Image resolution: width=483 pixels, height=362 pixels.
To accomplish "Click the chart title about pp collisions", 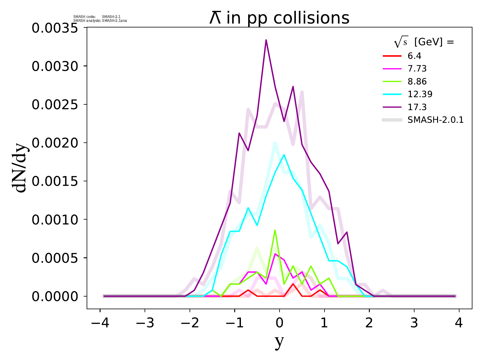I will click(x=279, y=18).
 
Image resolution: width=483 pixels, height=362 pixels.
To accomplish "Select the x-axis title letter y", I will click(x=280, y=341).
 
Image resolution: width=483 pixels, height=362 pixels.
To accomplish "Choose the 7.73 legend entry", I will click(x=417, y=69).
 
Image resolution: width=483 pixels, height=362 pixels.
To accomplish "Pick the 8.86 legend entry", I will click(x=417, y=81).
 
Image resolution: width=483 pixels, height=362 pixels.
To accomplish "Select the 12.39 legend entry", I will click(x=420, y=94).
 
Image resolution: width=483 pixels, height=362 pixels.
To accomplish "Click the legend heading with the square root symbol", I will click(x=424, y=43).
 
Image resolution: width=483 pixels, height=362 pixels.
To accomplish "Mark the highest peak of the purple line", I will click(x=266, y=40).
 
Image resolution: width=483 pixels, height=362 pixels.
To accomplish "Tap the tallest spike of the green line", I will click(x=275, y=230).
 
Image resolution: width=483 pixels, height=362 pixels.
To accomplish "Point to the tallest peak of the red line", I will click(x=293, y=284).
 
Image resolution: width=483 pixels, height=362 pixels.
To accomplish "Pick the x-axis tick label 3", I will click(x=414, y=323).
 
